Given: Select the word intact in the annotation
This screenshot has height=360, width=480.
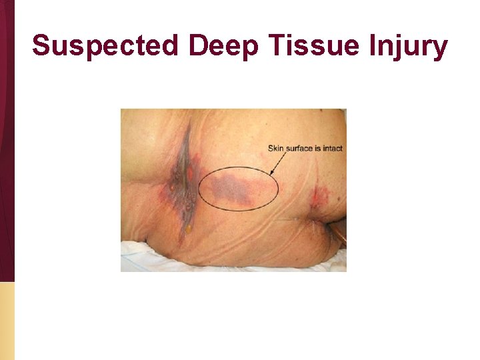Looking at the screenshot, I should pos(331,148).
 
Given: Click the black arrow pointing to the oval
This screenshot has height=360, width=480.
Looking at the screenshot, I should pos(280,163).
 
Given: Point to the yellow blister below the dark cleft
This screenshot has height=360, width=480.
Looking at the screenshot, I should pos(187,229).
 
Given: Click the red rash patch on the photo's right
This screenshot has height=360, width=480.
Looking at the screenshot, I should pos(319,196).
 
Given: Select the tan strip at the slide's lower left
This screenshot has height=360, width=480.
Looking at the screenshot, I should pos(7,320).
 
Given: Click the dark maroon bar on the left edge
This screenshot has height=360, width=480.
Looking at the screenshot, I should pos(7,133).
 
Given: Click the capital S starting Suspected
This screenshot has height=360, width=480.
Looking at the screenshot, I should pos(41,45).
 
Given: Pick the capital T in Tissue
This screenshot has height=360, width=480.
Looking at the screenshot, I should pos(279,45).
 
